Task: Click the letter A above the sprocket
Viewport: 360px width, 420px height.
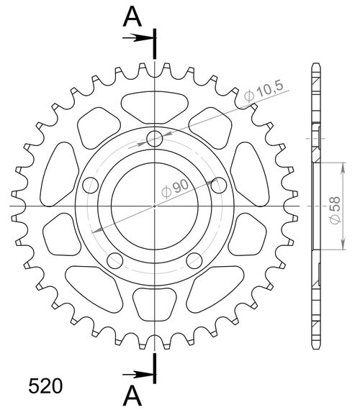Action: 132,16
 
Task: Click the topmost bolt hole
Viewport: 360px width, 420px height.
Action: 155,138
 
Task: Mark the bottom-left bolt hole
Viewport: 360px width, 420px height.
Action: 114,260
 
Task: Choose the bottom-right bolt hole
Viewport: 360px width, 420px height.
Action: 194,260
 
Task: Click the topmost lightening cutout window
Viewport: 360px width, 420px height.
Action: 155,106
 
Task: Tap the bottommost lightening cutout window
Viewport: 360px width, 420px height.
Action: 155,304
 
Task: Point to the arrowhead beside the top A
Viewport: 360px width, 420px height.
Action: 149,37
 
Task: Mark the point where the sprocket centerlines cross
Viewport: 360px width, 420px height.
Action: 155,206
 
